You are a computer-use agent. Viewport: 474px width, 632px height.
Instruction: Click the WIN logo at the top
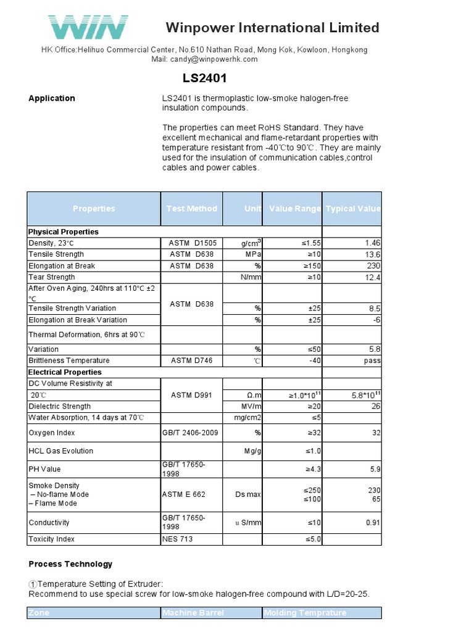click(88, 27)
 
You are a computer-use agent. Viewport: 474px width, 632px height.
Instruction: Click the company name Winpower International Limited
click(272, 28)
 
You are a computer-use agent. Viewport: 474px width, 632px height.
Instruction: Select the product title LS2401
click(204, 78)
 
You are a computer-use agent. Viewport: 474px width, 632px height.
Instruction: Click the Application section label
click(52, 98)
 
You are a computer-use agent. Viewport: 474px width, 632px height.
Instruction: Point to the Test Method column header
click(191, 209)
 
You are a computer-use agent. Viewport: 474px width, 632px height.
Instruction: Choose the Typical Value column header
click(352, 209)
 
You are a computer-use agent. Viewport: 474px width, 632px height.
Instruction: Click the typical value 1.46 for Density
click(373, 243)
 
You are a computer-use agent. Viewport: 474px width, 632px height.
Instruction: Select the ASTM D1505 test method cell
click(191, 243)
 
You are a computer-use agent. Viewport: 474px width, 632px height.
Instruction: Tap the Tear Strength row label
click(52, 277)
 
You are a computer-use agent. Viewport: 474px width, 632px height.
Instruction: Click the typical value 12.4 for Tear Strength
click(373, 278)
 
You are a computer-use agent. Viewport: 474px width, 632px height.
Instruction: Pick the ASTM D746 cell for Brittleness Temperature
click(191, 360)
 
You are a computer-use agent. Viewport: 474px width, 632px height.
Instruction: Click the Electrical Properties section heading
click(65, 372)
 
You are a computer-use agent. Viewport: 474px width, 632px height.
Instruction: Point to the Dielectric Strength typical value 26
click(376, 406)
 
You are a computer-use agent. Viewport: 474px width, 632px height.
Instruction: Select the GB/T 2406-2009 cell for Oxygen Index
click(191, 433)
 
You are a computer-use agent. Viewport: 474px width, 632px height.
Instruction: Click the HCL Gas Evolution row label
click(61, 451)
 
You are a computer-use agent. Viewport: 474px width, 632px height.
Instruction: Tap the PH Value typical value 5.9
click(375, 469)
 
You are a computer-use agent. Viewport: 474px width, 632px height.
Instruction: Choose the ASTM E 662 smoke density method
click(184, 494)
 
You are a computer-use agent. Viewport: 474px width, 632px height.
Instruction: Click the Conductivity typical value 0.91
click(373, 523)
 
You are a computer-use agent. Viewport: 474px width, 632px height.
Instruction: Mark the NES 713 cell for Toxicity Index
click(178, 539)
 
